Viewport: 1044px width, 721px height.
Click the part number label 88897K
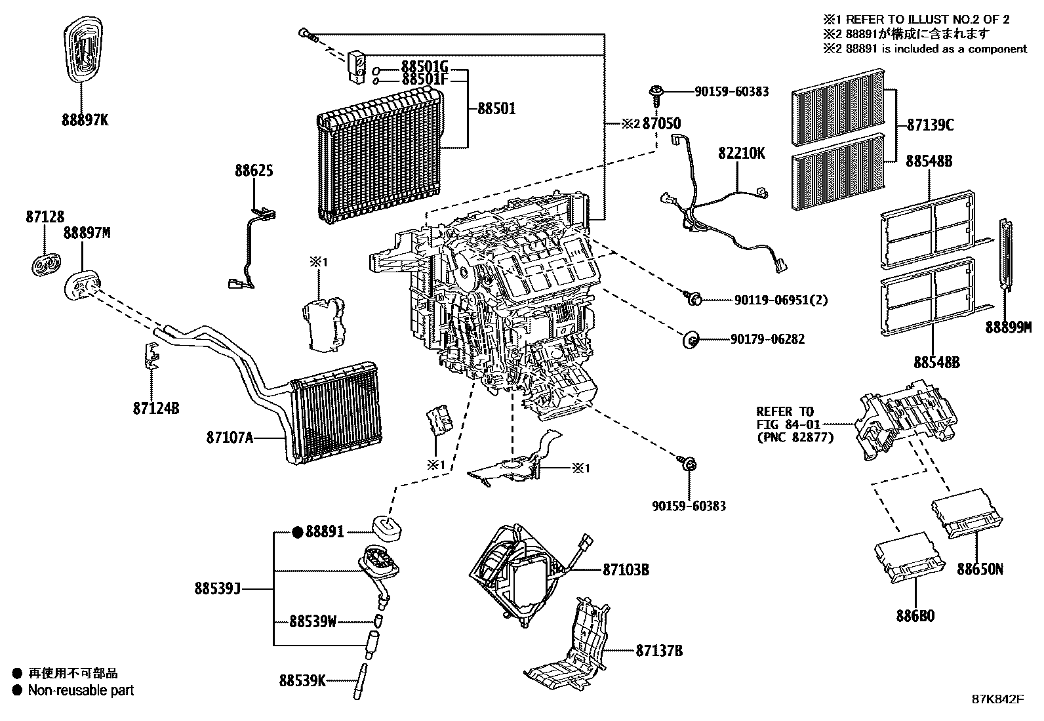[85, 120]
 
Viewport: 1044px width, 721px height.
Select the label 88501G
[424, 66]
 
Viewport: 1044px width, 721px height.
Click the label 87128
[45, 216]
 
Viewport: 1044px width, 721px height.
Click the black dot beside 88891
[297, 533]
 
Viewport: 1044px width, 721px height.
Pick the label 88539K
[302, 681]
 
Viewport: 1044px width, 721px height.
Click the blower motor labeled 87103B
[518, 571]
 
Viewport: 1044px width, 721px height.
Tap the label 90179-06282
[767, 339]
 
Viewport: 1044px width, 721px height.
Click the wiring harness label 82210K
[741, 154]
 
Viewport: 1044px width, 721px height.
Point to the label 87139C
[931, 125]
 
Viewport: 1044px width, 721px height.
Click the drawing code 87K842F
[997, 699]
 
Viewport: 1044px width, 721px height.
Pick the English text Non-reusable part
[81, 690]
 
